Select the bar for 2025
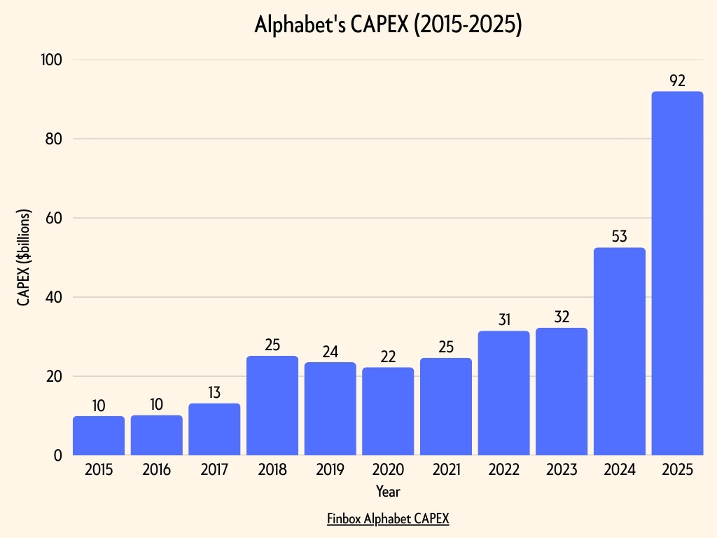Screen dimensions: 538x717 677,273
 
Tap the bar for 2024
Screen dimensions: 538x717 619,351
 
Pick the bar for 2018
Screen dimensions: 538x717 272,406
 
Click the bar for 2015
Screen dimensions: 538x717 99,436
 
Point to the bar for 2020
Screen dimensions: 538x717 388,411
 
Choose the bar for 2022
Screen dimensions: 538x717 503,393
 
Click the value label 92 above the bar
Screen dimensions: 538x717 677,81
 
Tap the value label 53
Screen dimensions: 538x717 619,236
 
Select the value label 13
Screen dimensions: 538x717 214,392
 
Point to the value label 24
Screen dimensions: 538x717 330,352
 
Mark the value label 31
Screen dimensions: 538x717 503,319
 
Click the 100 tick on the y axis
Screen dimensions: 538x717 52,60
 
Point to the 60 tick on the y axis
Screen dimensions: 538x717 54,218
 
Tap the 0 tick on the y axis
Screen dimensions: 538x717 59,455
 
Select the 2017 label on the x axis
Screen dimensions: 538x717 214,470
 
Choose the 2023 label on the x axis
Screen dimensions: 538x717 562,470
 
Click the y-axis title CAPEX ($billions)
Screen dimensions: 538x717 25,258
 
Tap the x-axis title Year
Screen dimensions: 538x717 388,491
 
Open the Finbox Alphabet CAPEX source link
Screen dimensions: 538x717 388,519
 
